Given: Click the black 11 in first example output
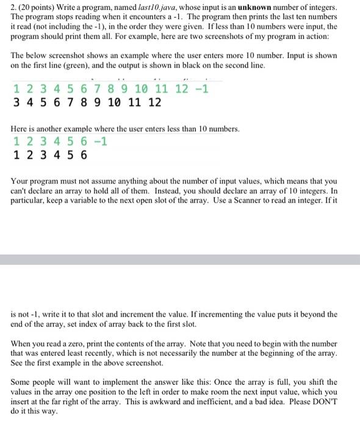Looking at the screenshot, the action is click(x=131, y=102).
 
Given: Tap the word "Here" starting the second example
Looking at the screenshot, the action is click(x=20, y=129).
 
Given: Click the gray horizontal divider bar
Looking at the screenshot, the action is click(x=180, y=259).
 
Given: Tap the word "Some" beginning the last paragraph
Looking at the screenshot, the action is click(x=22, y=382).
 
